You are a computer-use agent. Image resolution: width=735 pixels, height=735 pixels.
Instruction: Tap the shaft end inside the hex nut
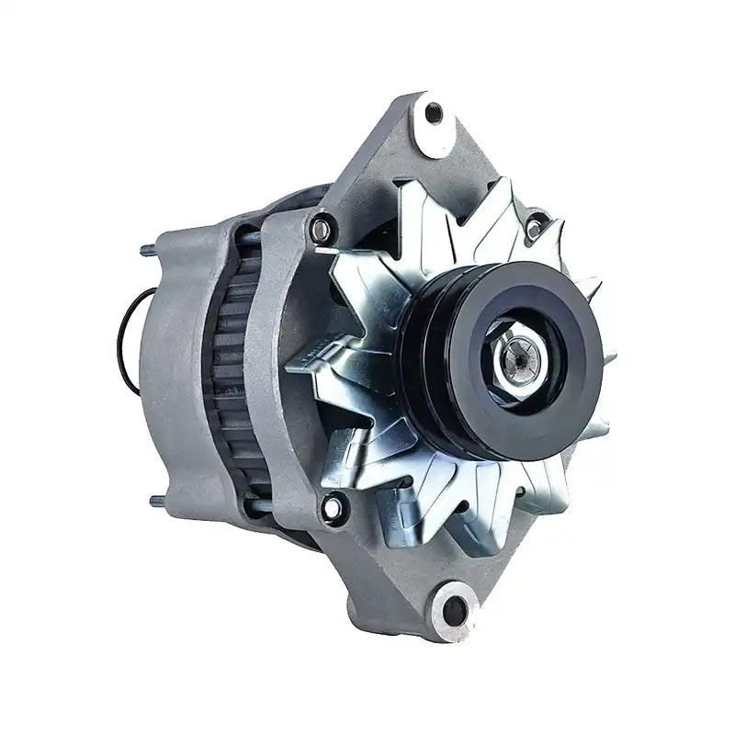(523, 357)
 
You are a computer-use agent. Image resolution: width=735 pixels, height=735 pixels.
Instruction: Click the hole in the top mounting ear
(433, 113)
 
